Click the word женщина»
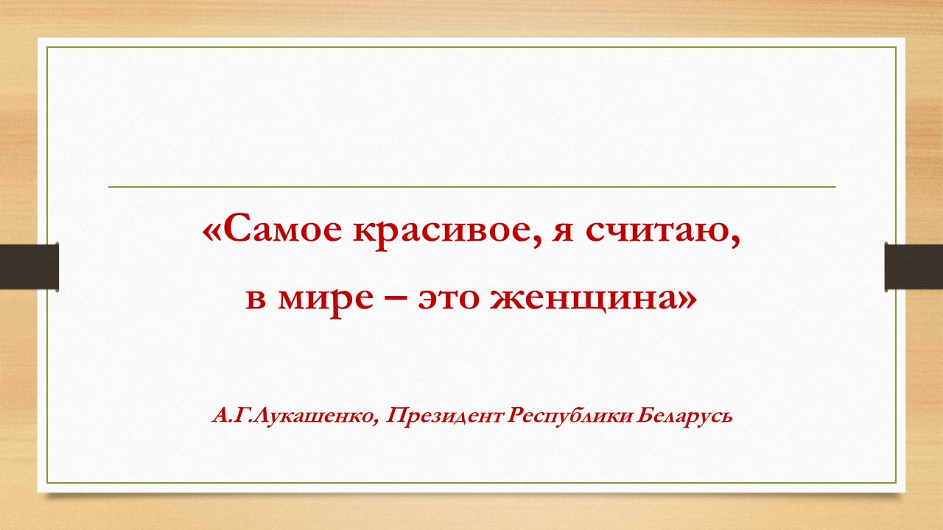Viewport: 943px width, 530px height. click(x=594, y=300)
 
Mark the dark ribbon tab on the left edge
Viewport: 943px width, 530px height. click(x=29, y=266)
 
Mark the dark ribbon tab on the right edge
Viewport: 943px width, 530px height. click(x=914, y=266)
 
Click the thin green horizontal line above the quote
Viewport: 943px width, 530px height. click(x=472, y=187)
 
